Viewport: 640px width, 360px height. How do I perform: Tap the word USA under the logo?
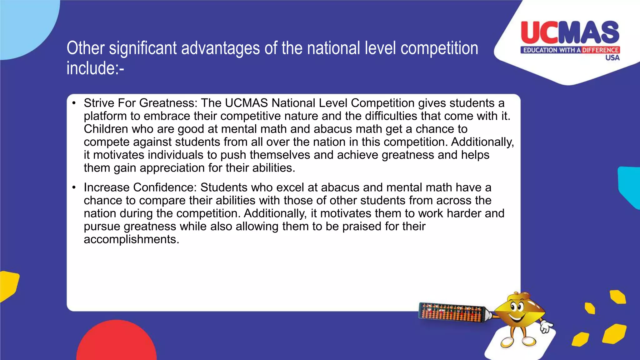612,58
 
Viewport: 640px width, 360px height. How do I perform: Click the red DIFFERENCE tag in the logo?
600,50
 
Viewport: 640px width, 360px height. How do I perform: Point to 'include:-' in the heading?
95,68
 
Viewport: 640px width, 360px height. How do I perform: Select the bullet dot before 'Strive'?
74,103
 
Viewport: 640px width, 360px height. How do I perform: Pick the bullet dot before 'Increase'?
74,187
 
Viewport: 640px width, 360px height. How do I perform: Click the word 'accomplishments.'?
132,239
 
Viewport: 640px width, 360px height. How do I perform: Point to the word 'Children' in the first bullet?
106,129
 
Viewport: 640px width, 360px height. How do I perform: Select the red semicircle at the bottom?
116,342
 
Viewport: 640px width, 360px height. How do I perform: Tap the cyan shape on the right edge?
630,186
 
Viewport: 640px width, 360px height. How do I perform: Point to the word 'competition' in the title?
439,48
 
